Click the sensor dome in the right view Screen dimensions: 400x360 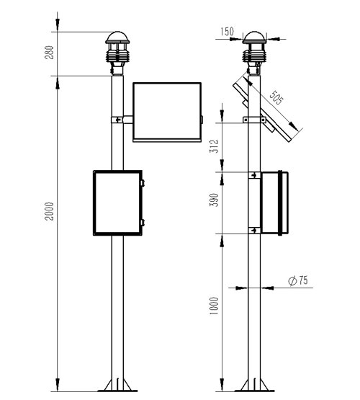(254, 40)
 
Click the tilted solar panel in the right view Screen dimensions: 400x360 (267, 111)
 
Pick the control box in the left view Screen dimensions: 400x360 (118, 203)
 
